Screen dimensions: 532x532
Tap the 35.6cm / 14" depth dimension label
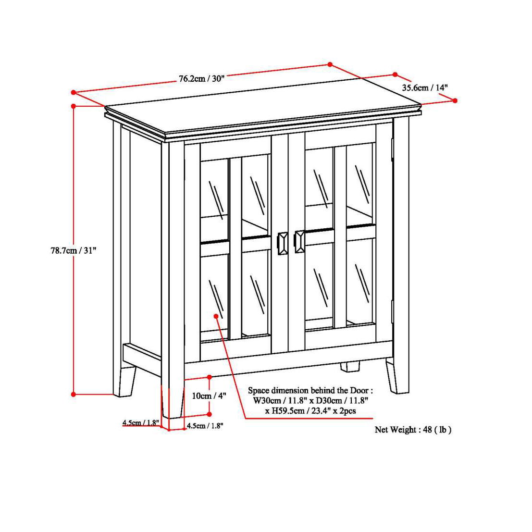pos(425,88)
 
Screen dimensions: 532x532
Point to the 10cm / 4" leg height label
pos(209,396)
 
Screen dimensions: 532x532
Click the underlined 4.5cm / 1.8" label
pos(140,423)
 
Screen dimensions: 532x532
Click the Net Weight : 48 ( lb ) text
pos(413,430)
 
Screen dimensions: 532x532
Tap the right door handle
pos(299,241)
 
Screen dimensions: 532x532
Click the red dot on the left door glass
pos(216,316)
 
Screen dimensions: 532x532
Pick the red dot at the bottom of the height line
pos(74,394)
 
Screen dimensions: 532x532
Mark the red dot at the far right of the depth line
pos(455,100)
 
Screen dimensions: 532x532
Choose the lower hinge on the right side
pos(393,311)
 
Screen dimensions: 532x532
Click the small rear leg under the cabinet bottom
pos(350,367)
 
